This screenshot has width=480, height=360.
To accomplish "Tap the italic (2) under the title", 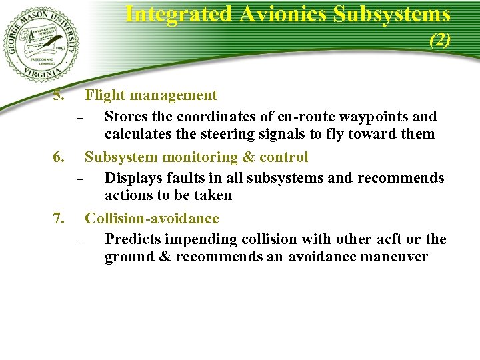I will click(440, 40).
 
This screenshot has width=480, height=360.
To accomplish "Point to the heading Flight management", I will click(151, 96).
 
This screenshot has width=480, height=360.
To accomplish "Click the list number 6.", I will click(59, 157).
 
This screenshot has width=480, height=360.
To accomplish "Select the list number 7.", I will click(59, 218).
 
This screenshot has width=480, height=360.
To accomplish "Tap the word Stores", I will click(127, 117).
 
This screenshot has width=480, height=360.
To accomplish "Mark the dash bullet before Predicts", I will click(78, 241).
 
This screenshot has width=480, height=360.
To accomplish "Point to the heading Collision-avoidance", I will click(151, 218).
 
